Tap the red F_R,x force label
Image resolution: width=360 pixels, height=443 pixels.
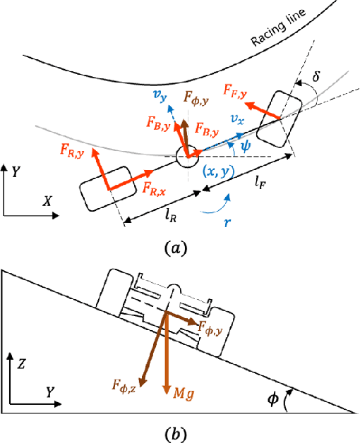(154, 189)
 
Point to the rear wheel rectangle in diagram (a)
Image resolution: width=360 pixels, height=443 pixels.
(104, 188)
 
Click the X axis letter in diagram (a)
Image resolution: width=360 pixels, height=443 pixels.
(48, 200)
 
